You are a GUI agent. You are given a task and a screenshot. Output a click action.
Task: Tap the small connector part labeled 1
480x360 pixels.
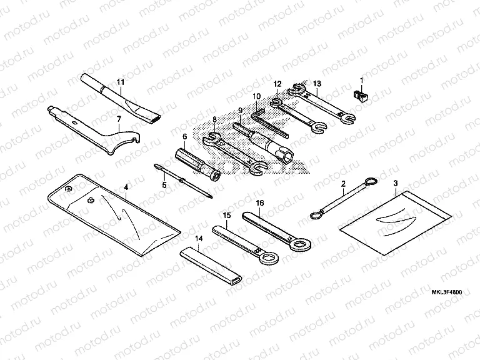coord(360,95)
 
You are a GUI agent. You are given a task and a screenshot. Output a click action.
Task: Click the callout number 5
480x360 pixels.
coord(164,185)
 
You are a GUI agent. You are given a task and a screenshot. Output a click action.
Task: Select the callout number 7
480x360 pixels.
coord(117,117)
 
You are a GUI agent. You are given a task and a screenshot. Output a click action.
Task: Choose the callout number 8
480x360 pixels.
coord(214,119)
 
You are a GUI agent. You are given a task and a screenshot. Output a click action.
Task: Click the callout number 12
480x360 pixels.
coord(277,83)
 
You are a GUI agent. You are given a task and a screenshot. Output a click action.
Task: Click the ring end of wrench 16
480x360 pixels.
coord(299,244)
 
